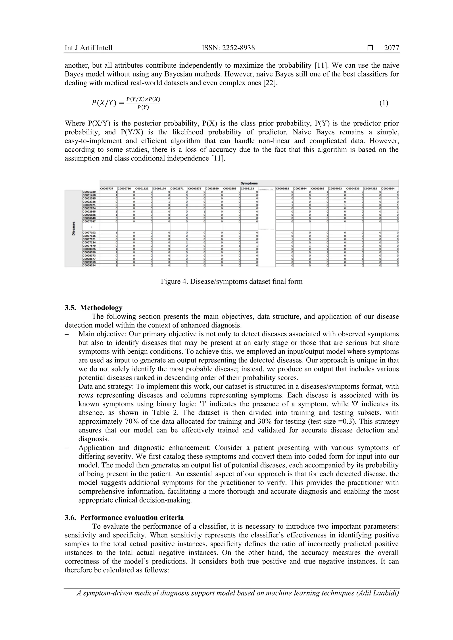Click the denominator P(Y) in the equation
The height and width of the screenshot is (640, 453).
tap(143, 108)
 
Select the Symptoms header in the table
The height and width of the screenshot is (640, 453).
tap(249, 183)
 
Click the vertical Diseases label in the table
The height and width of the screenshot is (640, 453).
tap(74, 228)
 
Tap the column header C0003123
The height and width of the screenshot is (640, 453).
tap(249, 189)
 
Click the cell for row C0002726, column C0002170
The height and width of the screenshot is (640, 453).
tap(161, 202)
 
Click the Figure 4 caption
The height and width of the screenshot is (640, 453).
tap(232, 281)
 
